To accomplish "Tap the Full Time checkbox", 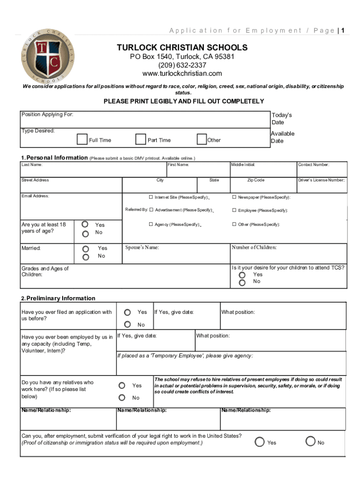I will pyautogui.click(x=82, y=139).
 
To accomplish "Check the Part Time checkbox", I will pyautogui.click(x=140, y=139).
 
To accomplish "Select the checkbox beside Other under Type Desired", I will pyautogui.click(x=202, y=139).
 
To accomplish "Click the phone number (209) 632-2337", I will pyautogui.click(x=182, y=65).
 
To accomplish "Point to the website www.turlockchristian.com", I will pyautogui.click(x=182, y=74).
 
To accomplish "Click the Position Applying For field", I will pyautogui.click(x=145, y=119).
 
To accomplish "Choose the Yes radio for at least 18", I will pyautogui.click(x=86, y=225).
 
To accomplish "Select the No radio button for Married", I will pyautogui.click(x=86, y=257).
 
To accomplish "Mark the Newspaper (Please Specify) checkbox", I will pyautogui.click(x=234, y=197).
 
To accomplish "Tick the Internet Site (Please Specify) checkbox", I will pyautogui.click(x=151, y=197).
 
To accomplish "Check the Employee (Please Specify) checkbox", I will pyautogui.click(x=234, y=210).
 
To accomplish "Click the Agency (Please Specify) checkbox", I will pyautogui.click(x=151, y=224).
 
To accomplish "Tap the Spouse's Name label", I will pyautogui.click(x=143, y=247).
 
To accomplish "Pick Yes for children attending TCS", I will pyautogui.click(x=242, y=275).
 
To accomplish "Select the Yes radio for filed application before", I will pyautogui.click(x=127, y=312).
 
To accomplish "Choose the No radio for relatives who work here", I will pyautogui.click(x=122, y=398).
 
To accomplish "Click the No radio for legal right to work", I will pyautogui.click(x=310, y=441).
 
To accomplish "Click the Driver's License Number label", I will pyautogui.click(x=322, y=180).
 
